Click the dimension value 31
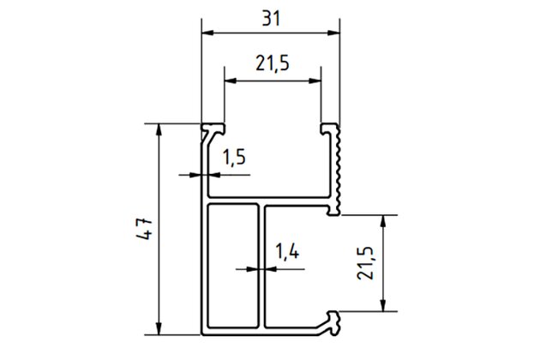[271, 19]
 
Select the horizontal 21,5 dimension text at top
[273, 63]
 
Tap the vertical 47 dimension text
[144, 228]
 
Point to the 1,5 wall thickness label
[234, 157]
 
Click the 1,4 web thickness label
[287, 251]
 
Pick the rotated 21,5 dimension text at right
[365, 263]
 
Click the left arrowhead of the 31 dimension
[208, 33]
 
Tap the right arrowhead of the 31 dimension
[333, 33]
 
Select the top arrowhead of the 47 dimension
[159, 130]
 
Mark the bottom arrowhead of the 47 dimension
[159, 328]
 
